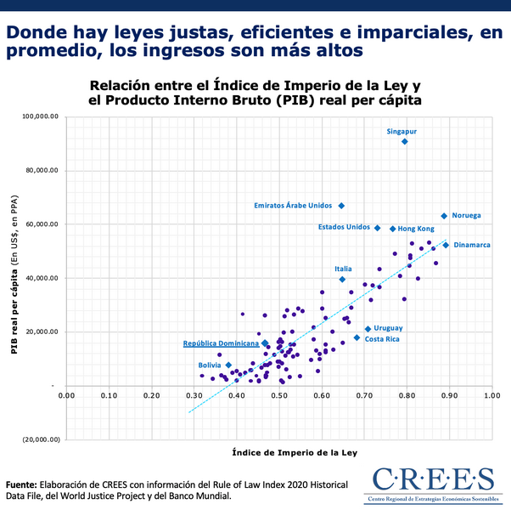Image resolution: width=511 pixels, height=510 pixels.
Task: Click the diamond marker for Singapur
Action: pyautogui.click(x=404, y=141)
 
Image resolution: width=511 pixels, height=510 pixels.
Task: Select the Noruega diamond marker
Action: pyautogui.click(x=443, y=216)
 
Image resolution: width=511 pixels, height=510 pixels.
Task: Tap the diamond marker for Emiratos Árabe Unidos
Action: pyautogui.click(x=341, y=206)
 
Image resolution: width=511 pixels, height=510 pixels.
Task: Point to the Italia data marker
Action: pyautogui.click(x=342, y=279)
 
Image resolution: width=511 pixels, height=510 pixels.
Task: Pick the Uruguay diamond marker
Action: pyautogui.click(x=368, y=329)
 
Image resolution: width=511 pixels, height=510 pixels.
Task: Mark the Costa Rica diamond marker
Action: pyautogui.click(x=357, y=338)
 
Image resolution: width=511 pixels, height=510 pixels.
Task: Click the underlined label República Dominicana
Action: pyautogui.click(x=221, y=343)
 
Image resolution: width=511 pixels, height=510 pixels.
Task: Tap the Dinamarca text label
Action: pyautogui.click(x=472, y=245)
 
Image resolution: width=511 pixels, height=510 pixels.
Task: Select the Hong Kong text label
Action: pyautogui.click(x=416, y=229)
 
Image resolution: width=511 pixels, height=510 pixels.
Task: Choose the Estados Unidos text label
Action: pyautogui.click(x=344, y=227)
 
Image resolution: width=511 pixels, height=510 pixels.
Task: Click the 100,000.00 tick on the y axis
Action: pyautogui.click(x=40, y=116)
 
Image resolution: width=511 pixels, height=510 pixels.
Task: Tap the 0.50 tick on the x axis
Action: pyautogui.click(x=278, y=395)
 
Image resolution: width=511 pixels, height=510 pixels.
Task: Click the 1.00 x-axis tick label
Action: pyautogui.click(x=491, y=395)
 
